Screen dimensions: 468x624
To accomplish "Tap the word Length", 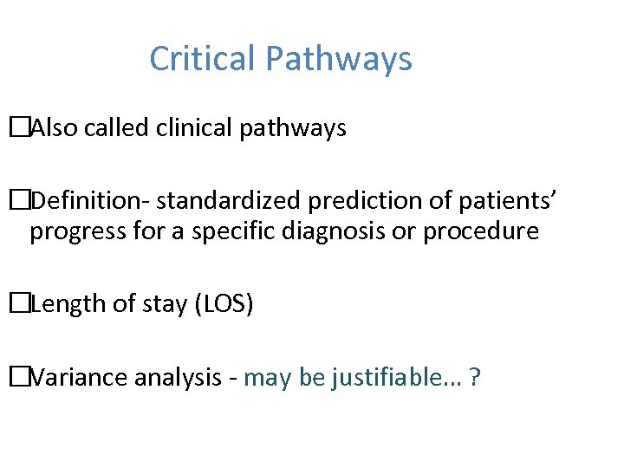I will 63,304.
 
